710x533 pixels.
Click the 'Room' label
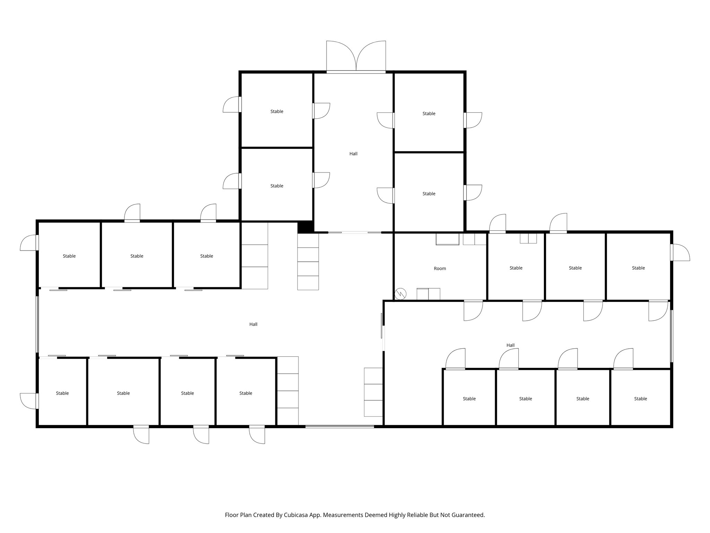(x=440, y=269)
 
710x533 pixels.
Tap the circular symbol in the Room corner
(x=400, y=294)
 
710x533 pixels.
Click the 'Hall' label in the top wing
(x=353, y=154)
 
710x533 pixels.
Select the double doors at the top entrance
(x=356, y=57)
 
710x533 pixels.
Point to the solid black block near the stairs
(x=305, y=227)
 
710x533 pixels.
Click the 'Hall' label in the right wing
(x=510, y=345)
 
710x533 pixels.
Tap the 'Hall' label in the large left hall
(x=253, y=324)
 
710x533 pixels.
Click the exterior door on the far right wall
(x=679, y=253)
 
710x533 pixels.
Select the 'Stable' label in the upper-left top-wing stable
(x=277, y=111)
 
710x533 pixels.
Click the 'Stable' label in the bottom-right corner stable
(x=640, y=399)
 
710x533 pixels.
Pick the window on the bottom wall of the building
(x=339, y=426)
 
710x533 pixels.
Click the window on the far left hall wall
(x=37, y=324)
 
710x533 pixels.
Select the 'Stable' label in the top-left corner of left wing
(x=69, y=256)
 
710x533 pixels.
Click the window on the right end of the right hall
(x=671, y=336)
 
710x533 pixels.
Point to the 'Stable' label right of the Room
(x=516, y=268)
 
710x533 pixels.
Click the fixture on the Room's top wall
(x=447, y=239)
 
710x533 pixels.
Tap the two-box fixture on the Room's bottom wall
(x=428, y=294)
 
